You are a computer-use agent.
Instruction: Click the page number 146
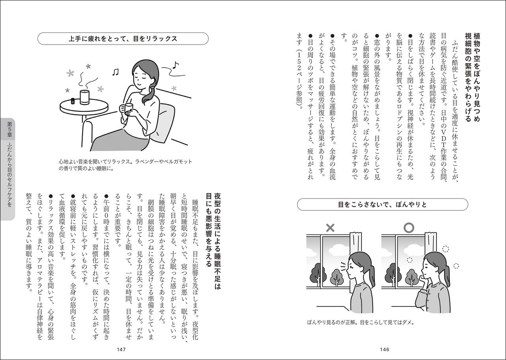pos(384,349)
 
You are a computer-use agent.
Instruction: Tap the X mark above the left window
pos(330,228)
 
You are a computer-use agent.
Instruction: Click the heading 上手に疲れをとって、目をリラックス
pos(122,39)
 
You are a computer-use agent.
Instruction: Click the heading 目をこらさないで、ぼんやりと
pos(383,205)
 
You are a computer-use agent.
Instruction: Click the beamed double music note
pos(115,72)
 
